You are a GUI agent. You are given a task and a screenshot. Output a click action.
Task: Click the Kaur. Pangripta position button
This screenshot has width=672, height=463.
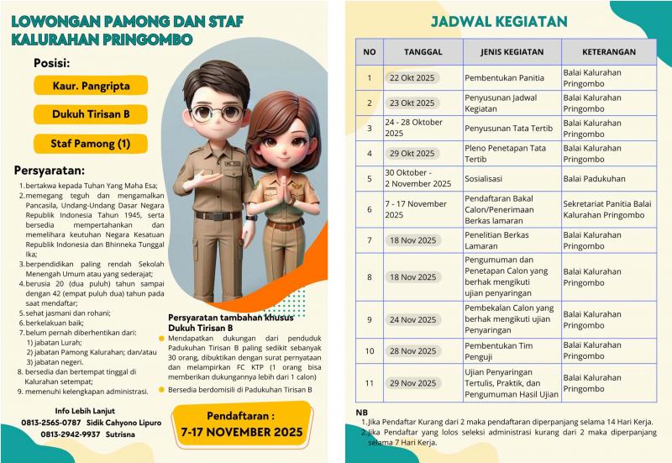(91, 85)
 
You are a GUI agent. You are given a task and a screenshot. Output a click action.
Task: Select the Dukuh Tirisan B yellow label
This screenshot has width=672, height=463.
(91, 114)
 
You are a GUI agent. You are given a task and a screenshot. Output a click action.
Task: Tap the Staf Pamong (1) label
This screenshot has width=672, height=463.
(91, 144)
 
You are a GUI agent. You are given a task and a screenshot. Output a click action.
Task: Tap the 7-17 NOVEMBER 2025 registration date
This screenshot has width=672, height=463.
(242, 433)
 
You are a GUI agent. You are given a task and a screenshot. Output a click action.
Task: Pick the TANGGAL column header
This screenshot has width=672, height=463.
(423, 51)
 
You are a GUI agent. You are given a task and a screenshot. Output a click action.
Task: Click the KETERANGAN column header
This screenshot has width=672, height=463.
(608, 51)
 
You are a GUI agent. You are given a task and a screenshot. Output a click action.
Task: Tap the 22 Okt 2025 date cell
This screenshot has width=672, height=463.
(412, 78)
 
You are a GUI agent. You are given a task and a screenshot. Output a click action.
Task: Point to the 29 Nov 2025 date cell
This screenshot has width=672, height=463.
(412, 383)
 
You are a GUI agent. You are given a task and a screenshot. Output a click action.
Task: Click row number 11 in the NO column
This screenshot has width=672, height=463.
(369, 383)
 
